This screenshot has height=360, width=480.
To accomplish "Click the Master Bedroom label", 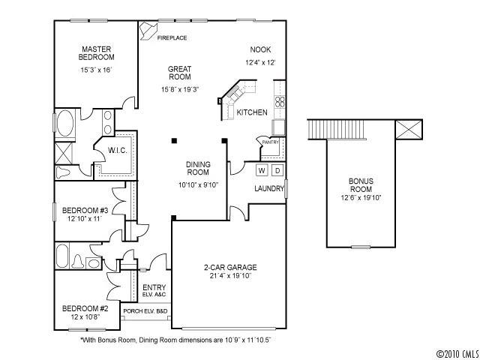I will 97,52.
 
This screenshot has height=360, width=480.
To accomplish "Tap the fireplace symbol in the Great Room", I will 150,31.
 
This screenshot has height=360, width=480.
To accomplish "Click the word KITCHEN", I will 252,112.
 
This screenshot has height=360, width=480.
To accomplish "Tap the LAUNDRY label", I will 268,188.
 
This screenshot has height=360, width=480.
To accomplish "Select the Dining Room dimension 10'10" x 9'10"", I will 197,184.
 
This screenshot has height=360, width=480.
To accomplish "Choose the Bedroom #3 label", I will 85,209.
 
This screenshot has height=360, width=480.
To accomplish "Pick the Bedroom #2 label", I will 85,308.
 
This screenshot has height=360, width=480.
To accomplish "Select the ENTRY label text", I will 154,287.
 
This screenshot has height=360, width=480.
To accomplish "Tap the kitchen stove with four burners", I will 279,103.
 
